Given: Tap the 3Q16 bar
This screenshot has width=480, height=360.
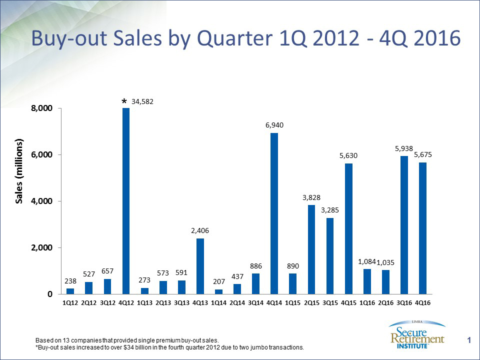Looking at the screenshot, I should tap(404, 225).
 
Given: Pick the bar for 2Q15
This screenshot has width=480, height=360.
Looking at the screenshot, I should tap(311, 249).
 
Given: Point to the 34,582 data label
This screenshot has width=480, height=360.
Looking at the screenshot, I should tap(142, 101).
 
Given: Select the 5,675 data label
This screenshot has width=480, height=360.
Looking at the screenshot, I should tap(423, 155).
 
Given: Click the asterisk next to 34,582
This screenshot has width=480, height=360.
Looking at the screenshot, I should tap(124, 102).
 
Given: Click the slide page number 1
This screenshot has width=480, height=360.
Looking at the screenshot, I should tap(469, 340).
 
